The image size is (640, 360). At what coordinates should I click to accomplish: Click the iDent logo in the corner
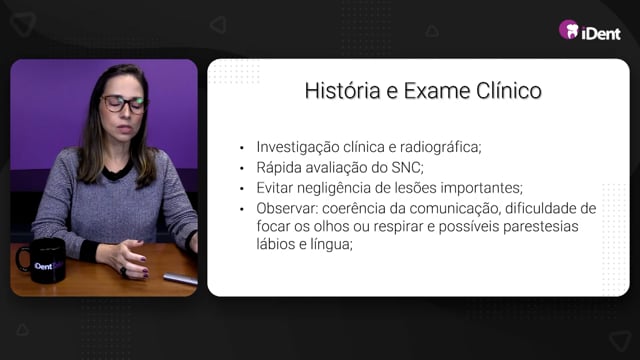(x=590, y=31)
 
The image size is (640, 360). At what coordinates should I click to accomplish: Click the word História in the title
(x=342, y=91)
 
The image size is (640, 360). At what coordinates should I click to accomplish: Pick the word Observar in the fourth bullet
(x=286, y=209)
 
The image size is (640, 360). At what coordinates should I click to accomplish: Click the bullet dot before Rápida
(x=242, y=168)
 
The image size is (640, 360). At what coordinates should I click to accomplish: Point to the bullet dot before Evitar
(x=242, y=189)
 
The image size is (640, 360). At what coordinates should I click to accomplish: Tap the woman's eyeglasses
(x=124, y=104)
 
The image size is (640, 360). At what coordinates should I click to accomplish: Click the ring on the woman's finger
(x=123, y=271)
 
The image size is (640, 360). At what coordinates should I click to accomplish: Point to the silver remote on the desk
(x=180, y=279)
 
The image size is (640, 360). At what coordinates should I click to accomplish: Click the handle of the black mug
(x=22, y=259)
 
